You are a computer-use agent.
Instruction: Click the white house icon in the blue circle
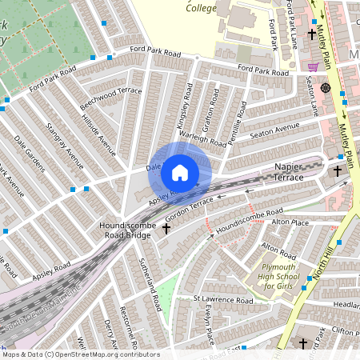coord(180,172)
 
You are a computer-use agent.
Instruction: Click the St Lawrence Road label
coord(224,301)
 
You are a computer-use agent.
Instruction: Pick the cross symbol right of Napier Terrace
coord(338,171)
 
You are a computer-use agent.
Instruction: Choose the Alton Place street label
coord(290,222)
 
